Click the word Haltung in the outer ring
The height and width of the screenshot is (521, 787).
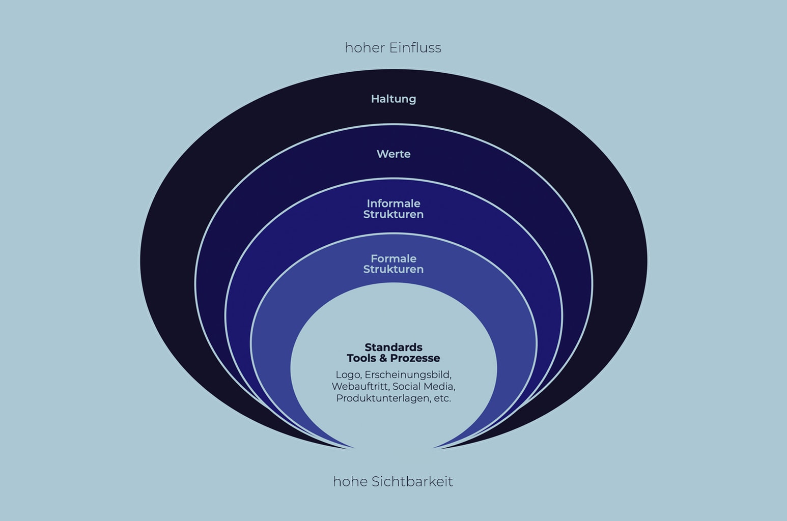point(393,99)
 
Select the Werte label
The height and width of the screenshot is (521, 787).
point(393,154)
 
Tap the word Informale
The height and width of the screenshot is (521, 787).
point(393,204)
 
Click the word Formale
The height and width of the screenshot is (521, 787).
point(393,258)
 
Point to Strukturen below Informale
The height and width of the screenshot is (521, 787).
point(393,215)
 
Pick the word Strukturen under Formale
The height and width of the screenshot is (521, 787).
point(393,270)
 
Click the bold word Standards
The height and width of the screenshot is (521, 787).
point(393,348)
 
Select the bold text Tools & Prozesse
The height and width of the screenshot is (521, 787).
point(393,358)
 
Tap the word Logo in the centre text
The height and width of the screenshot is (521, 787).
point(348,375)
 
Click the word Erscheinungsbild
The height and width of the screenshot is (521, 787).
point(408,375)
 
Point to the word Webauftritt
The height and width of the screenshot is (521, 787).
point(360,387)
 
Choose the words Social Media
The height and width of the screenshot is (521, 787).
point(424,387)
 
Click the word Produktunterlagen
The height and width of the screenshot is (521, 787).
point(383,398)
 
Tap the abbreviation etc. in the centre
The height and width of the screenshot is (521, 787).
point(442,398)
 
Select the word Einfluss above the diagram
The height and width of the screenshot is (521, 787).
point(415,48)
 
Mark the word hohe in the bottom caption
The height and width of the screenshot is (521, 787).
point(350,481)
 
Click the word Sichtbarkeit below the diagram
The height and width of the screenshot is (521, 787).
point(412,481)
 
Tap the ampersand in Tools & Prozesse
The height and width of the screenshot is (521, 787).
point(383,358)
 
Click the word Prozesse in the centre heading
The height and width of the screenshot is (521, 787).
point(415,358)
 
